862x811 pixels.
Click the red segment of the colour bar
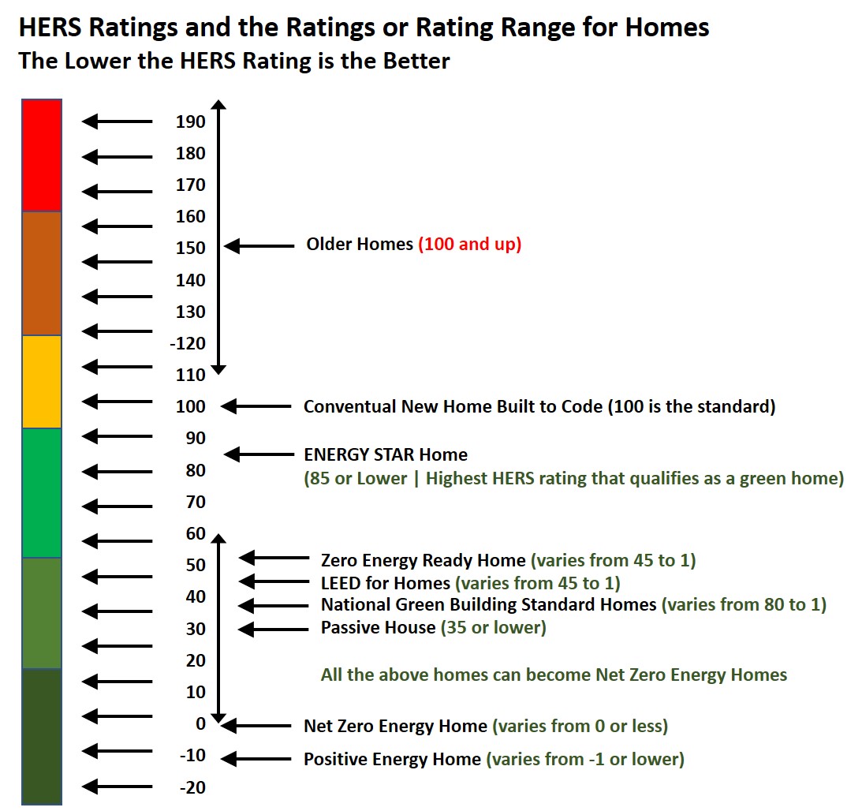[x=42, y=155]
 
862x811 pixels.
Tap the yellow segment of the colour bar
[x=42, y=382]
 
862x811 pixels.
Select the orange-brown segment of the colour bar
[x=42, y=273]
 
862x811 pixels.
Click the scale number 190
[x=191, y=121]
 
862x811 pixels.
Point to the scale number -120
[x=189, y=343]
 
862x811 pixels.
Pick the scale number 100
[x=191, y=406]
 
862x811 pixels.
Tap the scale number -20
[x=192, y=787]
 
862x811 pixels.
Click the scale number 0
[x=200, y=723]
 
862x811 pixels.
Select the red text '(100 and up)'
[x=470, y=245]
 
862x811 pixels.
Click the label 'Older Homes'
[x=360, y=245]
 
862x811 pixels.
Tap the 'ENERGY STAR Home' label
[x=386, y=455]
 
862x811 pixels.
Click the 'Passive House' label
[x=378, y=628]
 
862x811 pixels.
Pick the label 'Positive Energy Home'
[x=392, y=760]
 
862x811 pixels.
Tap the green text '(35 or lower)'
[x=493, y=628]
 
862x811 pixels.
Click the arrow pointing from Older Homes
[x=259, y=246]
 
